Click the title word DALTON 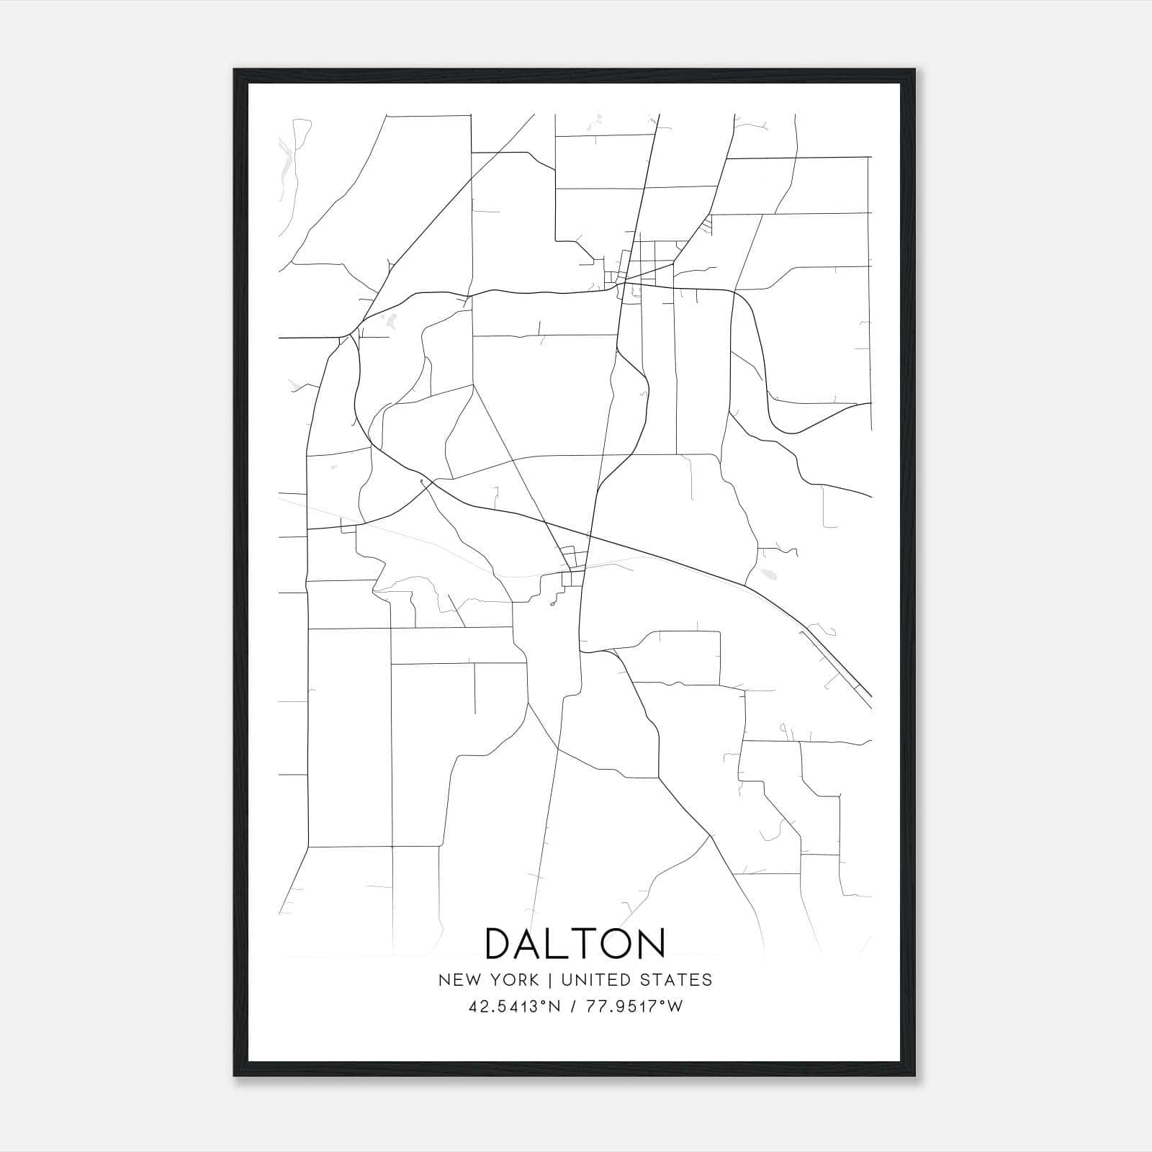point(575,944)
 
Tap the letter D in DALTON point(502,944)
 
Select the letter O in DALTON point(616,944)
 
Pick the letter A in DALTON point(532,944)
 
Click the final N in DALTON point(650,944)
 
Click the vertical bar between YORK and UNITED point(549,980)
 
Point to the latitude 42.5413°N point(514,1007)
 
